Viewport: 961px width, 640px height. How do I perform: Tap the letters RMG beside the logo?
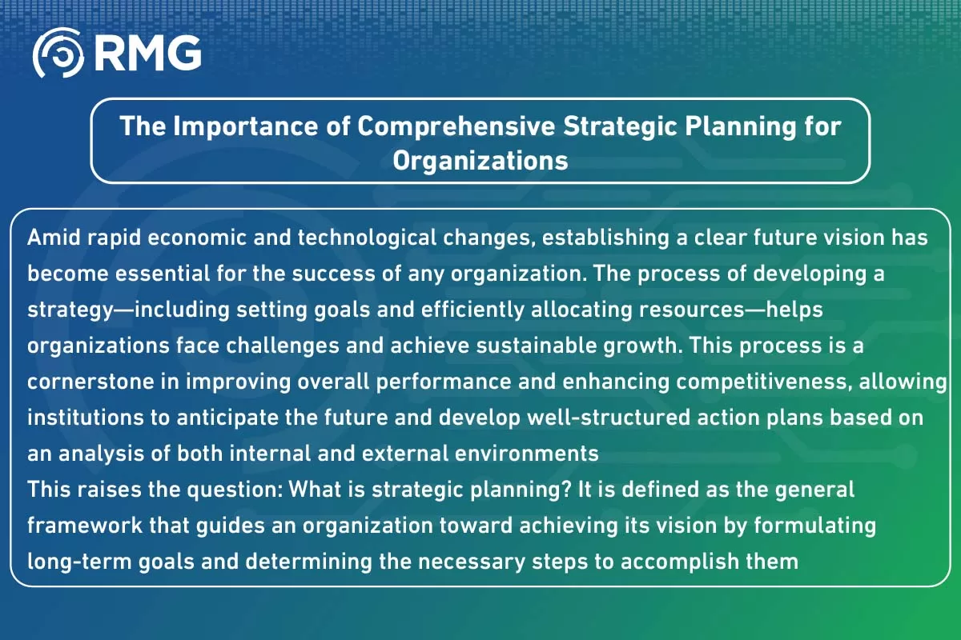[147, 54]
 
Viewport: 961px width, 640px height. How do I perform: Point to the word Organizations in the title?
[480, 160]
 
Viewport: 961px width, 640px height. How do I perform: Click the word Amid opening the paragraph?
[52, 238]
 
